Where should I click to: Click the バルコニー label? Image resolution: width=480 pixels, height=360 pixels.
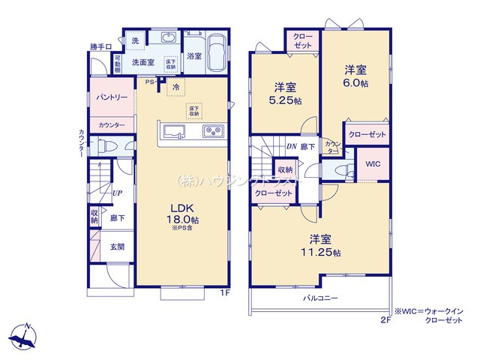[x=320, y=298]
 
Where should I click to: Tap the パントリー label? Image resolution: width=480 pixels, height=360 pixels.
[x=110, y=98]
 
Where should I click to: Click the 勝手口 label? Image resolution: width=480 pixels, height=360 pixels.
[x=100, y=46]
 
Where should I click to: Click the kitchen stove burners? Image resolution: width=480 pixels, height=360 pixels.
[x=212, y=133]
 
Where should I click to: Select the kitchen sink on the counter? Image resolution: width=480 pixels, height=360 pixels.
[x=174, y=133]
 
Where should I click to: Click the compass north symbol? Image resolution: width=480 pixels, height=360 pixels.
[x=25, y=334]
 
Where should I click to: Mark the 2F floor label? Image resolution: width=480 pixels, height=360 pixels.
[x=385, y=318]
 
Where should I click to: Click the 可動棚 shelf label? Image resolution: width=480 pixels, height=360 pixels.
[x=118, y=65]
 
